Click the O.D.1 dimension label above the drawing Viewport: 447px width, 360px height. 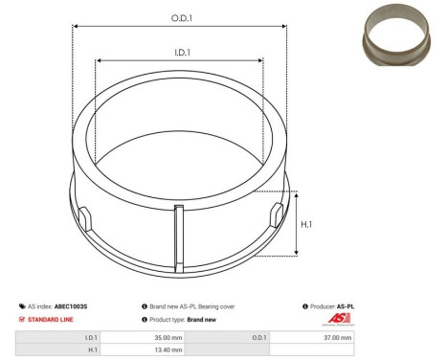click(x=179, y=16)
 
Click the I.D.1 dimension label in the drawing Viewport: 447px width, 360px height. click(x=179, y=54)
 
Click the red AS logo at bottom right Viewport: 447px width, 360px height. click(x=340, y=320)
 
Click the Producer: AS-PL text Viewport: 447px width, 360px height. click(x=330, y=306)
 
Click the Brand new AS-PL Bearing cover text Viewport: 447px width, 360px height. click(x=191, y=306)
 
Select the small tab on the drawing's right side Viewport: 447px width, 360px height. click(x=276, y=214)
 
